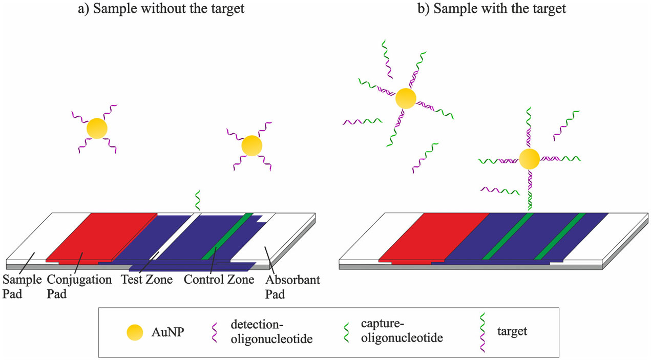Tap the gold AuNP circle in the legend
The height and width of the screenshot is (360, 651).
pos(135,333)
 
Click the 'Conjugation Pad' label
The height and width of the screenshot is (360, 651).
pos(79,287)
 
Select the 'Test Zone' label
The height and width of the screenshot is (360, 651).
pos(146,280)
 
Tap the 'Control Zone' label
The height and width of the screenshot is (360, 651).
pos(219,280)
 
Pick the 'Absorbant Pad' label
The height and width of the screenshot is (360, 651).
pos(293,287)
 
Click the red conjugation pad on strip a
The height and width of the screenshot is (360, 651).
pos(102,236)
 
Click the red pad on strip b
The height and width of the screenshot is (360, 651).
pos(435,236)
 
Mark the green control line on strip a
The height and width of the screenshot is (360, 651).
pos(228,236)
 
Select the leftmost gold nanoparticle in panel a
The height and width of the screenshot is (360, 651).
pos(97,129)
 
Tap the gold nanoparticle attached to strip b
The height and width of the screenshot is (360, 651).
pos(529,159)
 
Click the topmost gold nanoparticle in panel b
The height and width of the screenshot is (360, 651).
pos(405,98)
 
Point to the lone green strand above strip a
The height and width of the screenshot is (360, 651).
pos(197,200)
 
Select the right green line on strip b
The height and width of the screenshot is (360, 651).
pos(560,236)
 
